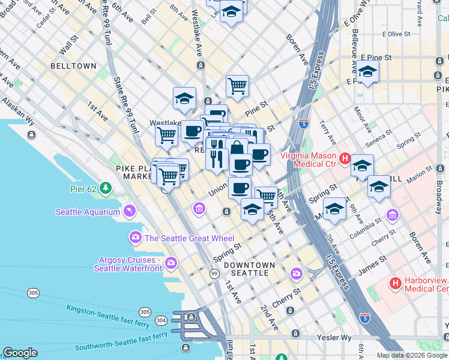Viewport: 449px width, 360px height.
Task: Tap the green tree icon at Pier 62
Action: pos(106,188)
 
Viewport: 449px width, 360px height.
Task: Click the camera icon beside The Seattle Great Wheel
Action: pos(135,238)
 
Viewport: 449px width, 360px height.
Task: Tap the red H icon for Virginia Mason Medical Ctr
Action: pos(345,159)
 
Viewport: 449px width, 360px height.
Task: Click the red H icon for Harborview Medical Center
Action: pos(396,283)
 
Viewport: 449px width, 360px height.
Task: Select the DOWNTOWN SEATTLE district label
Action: pos(250,269)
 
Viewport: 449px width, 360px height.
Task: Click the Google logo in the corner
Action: pos(20,353)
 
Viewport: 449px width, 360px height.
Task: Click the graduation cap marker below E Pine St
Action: pos(367,73)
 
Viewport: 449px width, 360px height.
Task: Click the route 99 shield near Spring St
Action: pos(214,274)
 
